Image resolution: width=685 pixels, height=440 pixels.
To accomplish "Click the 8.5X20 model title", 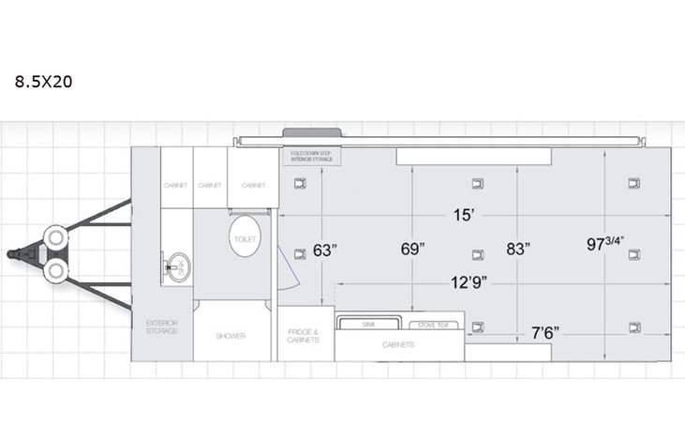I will click(x=43, y=82).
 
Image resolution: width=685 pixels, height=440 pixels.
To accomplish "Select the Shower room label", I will click(x=231, y=335).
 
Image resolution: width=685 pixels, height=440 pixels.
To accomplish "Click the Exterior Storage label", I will click(x=161, y=327).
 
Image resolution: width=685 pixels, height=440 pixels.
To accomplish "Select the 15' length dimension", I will click(x=464, y=215).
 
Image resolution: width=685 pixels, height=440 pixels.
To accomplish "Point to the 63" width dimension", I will click(x=324, y=250).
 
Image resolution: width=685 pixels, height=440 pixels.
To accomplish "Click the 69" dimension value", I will click(x=412, y=250).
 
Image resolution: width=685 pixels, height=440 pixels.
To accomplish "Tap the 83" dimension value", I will click(x=517, y=250).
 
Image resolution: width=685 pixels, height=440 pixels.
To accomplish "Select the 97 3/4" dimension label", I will click(x=605, y=244).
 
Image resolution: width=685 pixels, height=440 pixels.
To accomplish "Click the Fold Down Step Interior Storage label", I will click(x=313, y=156).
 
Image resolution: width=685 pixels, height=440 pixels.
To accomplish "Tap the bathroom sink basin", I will click(x=175, y=266).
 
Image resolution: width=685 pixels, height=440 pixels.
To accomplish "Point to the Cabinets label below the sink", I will click(x=397, y=344).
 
